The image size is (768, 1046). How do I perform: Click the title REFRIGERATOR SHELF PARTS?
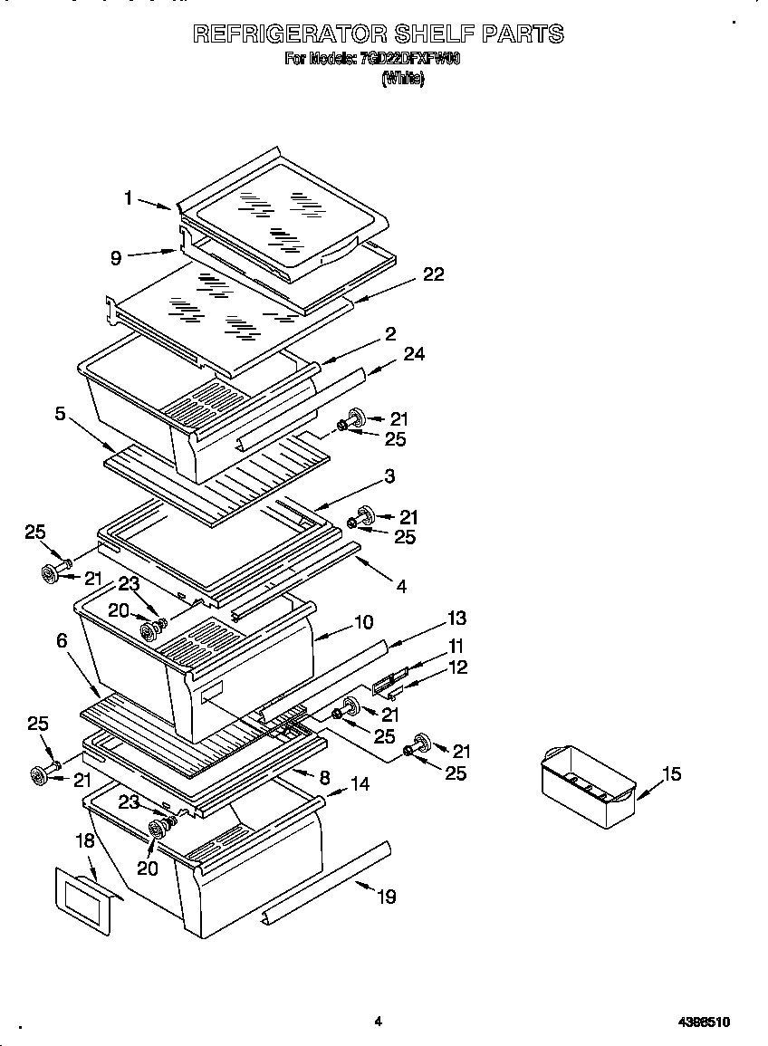tap(379, 34)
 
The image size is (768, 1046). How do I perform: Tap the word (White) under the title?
tap(402, 79)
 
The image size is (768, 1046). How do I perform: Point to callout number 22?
tap(434, 274)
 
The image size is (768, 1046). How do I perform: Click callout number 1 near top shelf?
tap(129, 197)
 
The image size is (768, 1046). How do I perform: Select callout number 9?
tap(116, 258)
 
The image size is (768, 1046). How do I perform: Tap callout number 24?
tap(415, 354)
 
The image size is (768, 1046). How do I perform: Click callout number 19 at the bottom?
tap(387, 897)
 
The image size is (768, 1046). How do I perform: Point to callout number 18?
tap(84, 840)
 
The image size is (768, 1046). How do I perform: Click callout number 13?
tap(456, 619)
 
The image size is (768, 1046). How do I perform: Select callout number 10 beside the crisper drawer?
tap(362, 622)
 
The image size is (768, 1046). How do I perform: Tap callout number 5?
tap(60, 414)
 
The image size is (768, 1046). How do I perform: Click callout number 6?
tap(62, 639)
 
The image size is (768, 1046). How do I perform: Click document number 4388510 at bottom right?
tap(704, 1022)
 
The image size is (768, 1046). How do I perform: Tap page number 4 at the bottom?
tap(379, 1022)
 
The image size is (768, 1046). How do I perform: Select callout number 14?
tap(360, 784)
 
